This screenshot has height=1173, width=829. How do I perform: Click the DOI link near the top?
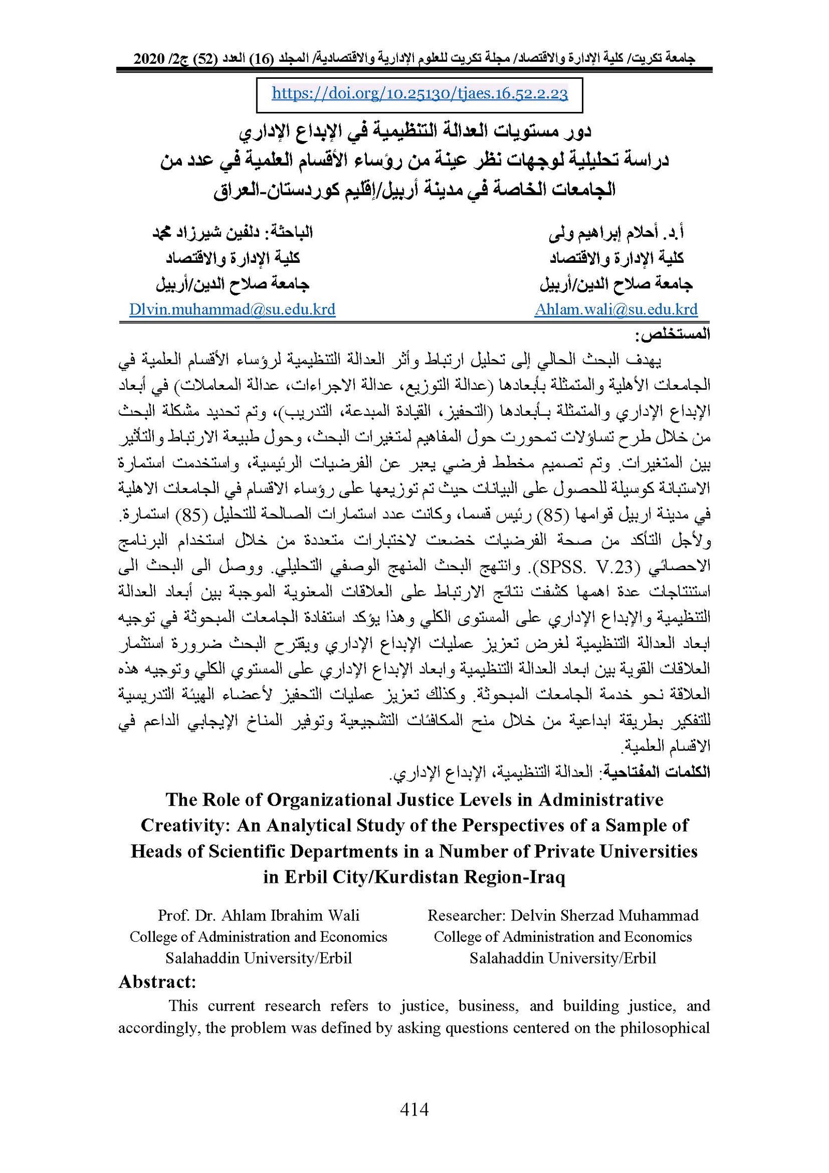(419, 93)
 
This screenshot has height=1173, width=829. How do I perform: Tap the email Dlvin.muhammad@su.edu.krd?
(232, 309)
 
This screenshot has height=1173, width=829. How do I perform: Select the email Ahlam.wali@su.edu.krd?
(616, 309)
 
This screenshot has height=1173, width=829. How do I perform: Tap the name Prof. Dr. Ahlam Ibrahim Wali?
(259, 915)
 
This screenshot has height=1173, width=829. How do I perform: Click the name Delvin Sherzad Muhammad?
(604, 915)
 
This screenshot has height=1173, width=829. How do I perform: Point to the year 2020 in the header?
(149, 59)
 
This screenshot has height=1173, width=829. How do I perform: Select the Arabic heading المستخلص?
(673, 334)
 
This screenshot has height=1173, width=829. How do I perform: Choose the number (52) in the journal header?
(203, 59)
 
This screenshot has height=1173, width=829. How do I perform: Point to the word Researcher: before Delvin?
(466, 915)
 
